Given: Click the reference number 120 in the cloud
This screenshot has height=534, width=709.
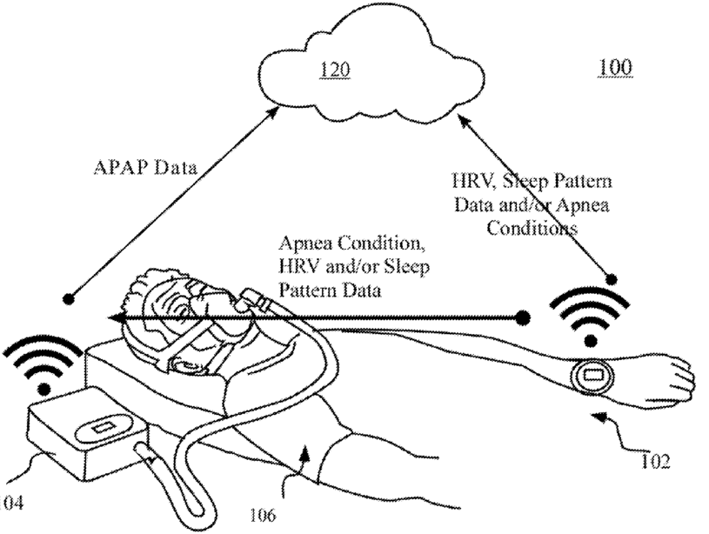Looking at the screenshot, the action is pos(335,70).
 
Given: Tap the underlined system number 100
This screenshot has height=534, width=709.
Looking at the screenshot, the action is pos(615,67).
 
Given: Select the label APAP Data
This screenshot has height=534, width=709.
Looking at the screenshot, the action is pos(145,168).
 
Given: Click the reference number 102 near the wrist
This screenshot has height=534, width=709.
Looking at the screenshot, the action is pos(655,462).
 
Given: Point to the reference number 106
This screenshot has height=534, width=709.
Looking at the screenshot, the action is pos(263,515).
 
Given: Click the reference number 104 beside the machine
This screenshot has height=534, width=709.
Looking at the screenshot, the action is pos(10,503).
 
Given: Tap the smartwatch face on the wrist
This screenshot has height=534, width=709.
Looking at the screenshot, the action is pos(592,376).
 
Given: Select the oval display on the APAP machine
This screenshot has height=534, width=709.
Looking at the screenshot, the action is pos(105,426).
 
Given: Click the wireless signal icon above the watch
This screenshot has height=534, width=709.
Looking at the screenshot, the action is pos(590,317).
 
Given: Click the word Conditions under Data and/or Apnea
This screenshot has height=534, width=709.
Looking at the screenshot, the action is pos(532,228).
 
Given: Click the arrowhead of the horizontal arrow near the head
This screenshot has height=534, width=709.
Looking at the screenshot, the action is pos(118,317).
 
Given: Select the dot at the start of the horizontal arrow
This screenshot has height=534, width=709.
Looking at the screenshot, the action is pos(522,317).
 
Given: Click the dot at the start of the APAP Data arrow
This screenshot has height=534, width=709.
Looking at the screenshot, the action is pos(69,298).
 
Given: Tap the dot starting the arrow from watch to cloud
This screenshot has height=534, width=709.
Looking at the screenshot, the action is pos(612,280).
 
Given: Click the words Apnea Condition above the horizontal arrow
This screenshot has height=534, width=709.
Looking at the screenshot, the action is pos(351,244).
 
